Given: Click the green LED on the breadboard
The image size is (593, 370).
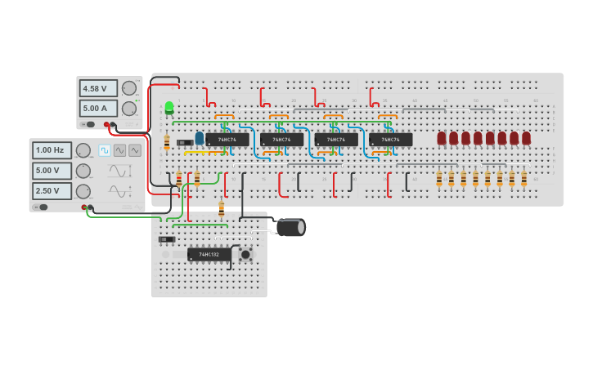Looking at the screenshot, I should [x=169, y=107].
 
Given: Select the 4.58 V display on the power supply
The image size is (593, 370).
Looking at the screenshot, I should [x=97, y=88].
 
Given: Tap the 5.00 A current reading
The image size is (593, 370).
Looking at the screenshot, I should [x=97, y=108].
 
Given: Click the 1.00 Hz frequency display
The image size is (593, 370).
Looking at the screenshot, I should [x=52, y=150].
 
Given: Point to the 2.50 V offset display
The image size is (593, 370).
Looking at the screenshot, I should [x=52, y=190].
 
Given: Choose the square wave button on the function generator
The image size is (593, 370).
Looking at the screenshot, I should [x=105, y=150].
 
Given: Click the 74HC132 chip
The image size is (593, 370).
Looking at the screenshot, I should [x=209, y=255].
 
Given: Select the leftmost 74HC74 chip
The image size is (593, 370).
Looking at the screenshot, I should [x=227, y=140].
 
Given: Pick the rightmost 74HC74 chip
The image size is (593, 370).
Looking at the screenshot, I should [x=390, y=140].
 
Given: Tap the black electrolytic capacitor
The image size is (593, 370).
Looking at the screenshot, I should [x=290, y=227].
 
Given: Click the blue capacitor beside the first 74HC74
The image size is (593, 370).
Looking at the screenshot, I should [x=199, y=138].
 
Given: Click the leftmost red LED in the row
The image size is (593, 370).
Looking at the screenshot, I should [x=442, y=138].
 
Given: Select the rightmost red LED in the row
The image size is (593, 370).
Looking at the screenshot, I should [x=526, y=138].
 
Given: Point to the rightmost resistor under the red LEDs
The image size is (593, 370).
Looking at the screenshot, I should [x=524, y=178].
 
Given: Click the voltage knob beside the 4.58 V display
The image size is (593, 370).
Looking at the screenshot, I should [x=128, y=88].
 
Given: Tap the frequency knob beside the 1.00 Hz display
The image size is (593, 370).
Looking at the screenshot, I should [x=83, y=150].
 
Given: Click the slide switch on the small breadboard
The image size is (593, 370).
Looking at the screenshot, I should [x=167, y=239].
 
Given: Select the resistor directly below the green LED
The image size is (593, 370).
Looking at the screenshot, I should [x=167, y=142].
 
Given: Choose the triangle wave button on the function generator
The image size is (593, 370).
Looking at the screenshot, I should [x=134, y=150].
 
